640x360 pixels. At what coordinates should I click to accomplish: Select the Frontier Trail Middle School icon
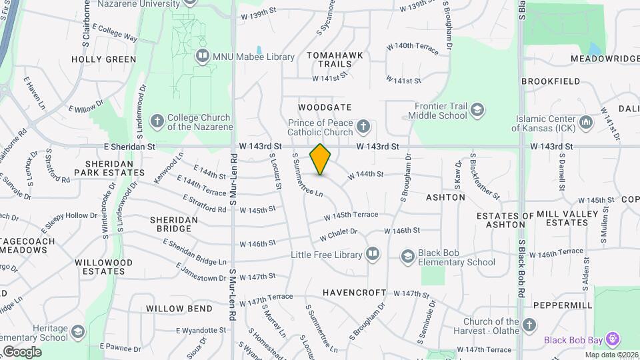[x=477, y=109]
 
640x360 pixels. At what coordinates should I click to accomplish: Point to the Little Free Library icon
[x=373, y=255]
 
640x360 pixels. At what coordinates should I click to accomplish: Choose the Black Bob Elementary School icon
[x=407, y=257]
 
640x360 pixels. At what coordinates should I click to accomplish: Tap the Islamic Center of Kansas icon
[x=586, y=122]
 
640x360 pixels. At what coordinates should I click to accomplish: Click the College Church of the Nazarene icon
[x=157, y=121]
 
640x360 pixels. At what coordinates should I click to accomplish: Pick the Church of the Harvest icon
[x=529, y=326]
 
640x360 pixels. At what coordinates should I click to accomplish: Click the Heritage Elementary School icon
[x=79, y=331]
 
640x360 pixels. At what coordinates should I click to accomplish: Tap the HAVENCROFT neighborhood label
[x=354, y=293]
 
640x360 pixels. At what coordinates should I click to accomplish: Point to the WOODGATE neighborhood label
[x=325, y=107]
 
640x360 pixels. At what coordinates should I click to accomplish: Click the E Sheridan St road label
[x=129, y=145]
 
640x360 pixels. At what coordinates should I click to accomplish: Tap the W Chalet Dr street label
[x=339, y=235]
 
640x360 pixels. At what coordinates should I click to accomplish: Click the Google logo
[x=22, y=351]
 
